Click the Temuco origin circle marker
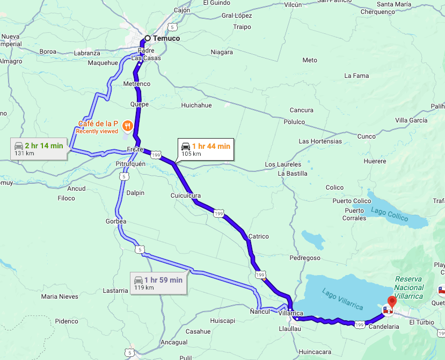pos(147,39)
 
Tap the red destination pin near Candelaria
pos(392,302)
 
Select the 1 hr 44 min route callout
pos(206,149)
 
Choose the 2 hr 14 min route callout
pos(39,149)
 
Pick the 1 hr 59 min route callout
pos(158,283)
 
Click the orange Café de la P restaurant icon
pos(127,126)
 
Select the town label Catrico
pos(258,236)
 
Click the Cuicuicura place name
pos(185,196)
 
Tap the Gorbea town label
pos(116,221)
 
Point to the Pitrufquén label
pos(130,163)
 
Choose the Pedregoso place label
pos(305,258)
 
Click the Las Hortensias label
pos(320,141)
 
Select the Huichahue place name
pos(196,105)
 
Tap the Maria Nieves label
pos(60,297)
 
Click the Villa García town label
pos(411,120)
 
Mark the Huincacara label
pos(316,352)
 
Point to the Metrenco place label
pos(137,84)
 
